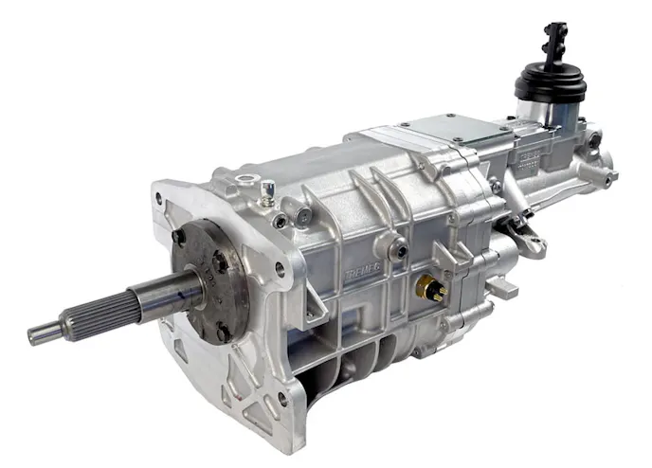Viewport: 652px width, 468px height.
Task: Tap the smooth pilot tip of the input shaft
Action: (42, 333)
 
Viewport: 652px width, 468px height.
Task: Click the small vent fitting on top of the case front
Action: (268, 189)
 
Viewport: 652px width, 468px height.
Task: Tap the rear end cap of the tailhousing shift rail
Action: (604, 176)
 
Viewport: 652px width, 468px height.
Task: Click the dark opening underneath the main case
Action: (341, 365)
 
